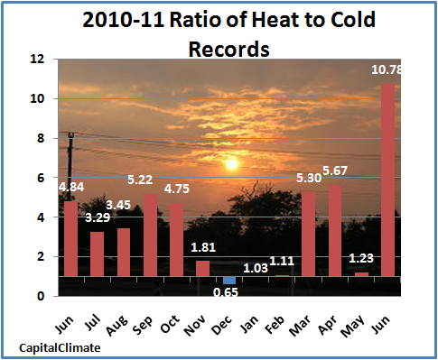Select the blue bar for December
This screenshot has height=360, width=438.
[229, 281]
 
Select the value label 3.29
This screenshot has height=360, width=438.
[98, 217]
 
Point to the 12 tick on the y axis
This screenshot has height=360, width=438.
[37, 59]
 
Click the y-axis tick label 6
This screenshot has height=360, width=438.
[41, 178]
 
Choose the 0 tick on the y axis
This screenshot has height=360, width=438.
[41, 297]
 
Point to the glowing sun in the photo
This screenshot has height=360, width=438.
[231, 163]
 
